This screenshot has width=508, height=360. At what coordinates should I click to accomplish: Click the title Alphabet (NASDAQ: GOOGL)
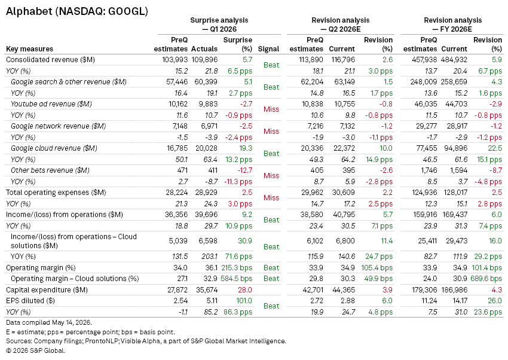pyautogui.click(x=76, y=11)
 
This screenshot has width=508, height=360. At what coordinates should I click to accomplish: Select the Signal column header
pyautogui.click(x=268, y=49)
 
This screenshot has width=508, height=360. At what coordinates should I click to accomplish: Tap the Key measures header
pyautogui.click(x=29, y=49)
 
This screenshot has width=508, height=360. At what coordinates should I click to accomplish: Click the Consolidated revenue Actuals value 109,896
pyautogui.click(x=204, y=60)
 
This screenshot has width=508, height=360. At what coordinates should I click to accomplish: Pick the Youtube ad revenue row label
pyautogui.click(x=51, y=104)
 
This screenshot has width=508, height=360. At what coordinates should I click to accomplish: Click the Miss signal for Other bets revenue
pyautogui.click(x=271, y=176)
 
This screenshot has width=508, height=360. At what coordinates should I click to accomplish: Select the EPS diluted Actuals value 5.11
pyautogui.click(x=212, y=301)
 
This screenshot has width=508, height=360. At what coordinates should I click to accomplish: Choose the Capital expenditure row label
pyautogui.click(x=47, y=290)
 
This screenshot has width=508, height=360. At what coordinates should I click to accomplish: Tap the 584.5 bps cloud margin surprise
pyautogui.click(x=237, y=279)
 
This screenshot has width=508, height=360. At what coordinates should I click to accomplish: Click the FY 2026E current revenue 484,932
pyautogui.click(x=454, y=60)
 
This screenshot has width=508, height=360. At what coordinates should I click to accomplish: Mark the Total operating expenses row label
pyautogui.click(x=56, y=193)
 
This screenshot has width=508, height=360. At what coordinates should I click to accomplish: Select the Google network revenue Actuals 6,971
pyautogui.click(x=209, y=126)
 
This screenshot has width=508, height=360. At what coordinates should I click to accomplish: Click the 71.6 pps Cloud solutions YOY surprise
pyautogui.click(x=238, y=257)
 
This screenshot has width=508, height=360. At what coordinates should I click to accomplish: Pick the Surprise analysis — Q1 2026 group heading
pyautogui.click(x=219, y=25)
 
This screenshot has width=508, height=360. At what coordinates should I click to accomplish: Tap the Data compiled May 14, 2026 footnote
pyautogui.click(x=49, y=323)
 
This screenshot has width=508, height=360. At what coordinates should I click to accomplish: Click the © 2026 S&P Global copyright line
pyautogui.click(x=35, y=350)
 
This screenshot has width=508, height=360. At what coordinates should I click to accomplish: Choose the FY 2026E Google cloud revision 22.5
pyautogui.click(x=495, y=148)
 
